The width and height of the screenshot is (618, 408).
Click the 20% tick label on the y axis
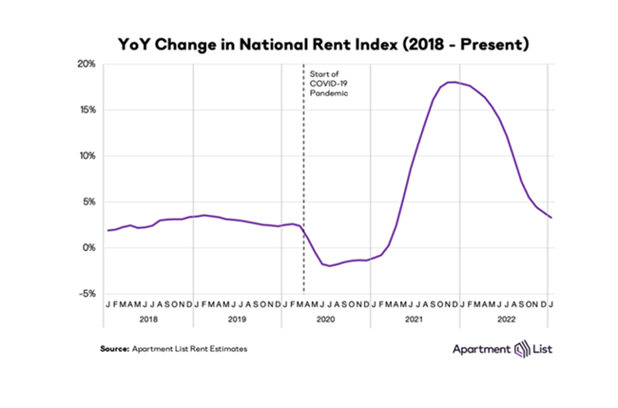click(86, 65)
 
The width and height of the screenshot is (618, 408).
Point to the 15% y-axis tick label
click(86, 110)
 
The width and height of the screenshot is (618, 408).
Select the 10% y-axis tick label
click(86, 156)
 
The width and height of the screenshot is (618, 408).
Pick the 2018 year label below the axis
click(147, 321)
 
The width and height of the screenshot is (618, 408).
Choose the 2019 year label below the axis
click(237, 321)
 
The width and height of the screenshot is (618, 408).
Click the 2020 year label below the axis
click(325, 321)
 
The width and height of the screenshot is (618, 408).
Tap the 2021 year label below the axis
click(415, 321)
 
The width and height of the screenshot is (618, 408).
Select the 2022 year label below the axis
click(504, 321)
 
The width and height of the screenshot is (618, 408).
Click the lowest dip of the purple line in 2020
click(332, 265)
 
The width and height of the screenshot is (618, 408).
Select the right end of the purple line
click(551, 218)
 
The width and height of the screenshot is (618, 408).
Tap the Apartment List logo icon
click(521, 349)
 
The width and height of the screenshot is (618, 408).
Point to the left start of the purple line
click(108, 230)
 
